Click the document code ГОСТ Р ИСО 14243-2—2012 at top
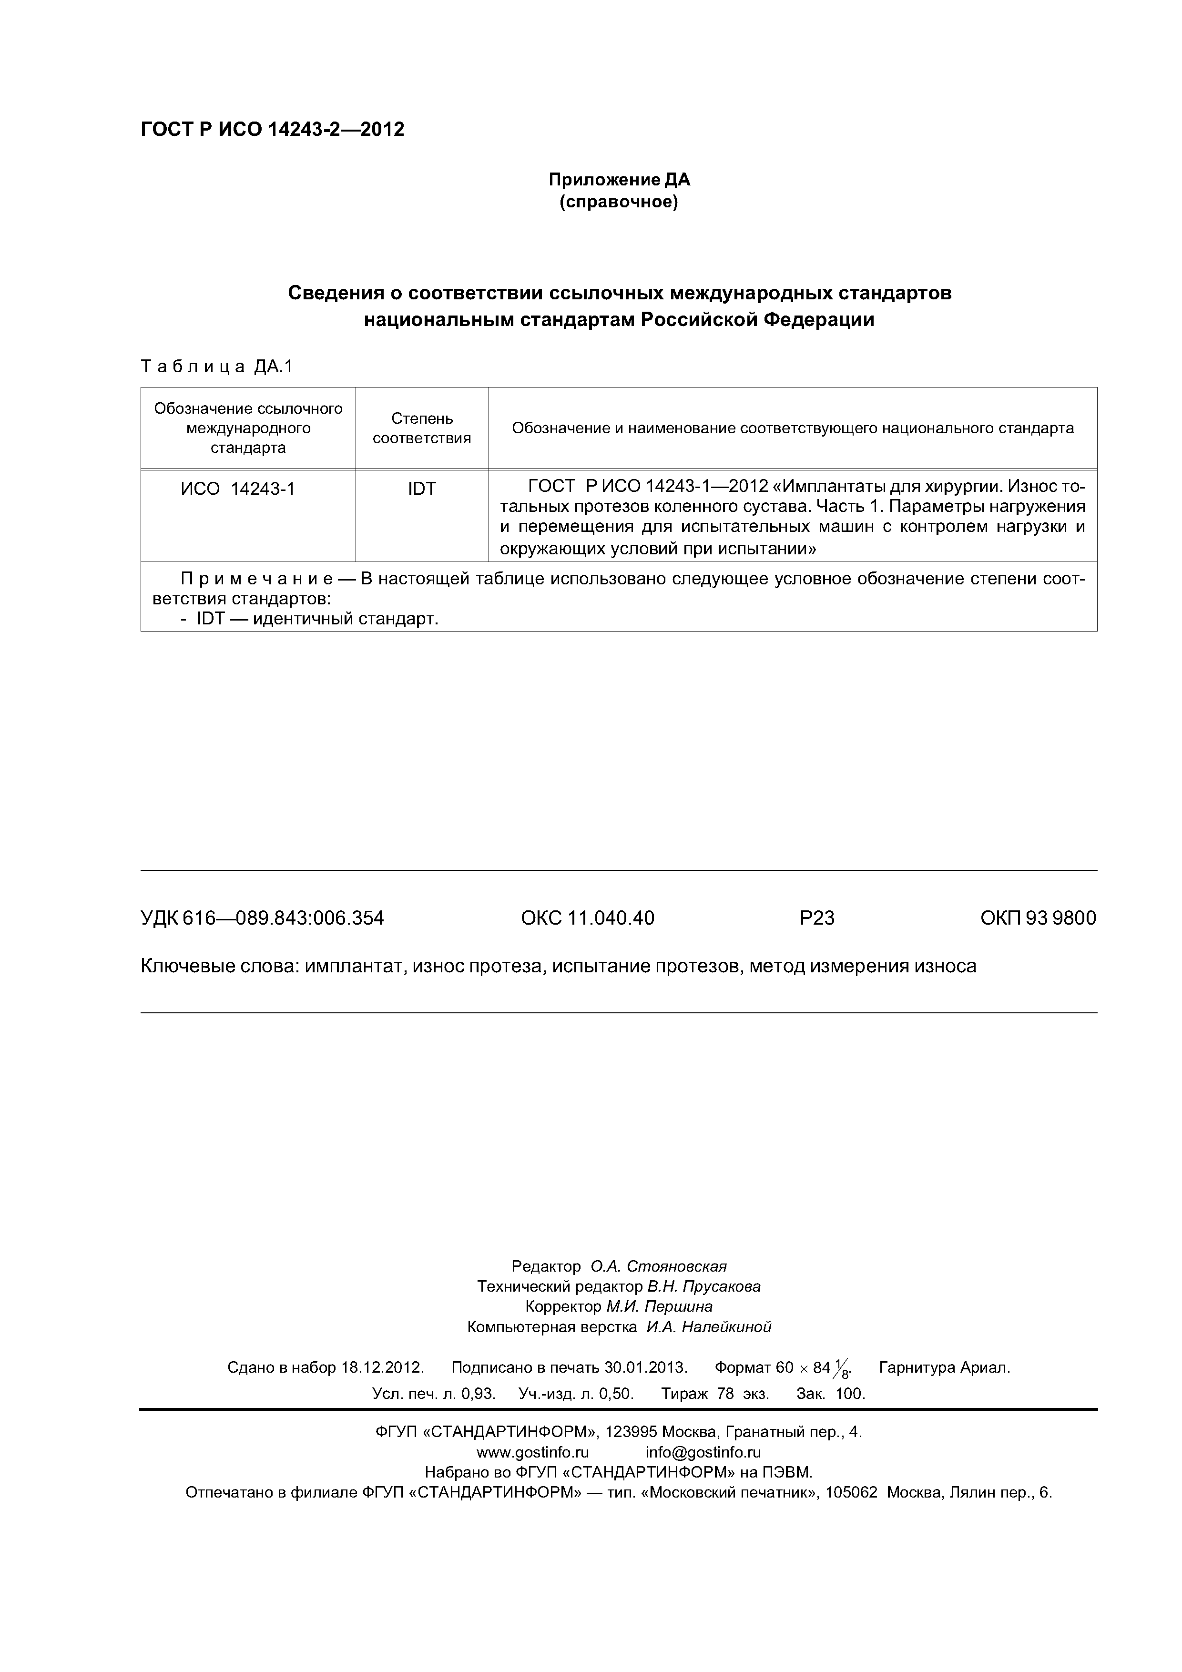(272, 130)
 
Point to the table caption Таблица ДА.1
(216, 367)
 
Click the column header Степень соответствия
(422, 428)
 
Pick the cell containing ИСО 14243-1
(238, 489)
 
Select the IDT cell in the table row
(422, 489)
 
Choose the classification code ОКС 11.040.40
(587, 918)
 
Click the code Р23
(816, 918)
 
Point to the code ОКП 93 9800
(1038, 918)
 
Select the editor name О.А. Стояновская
(658, 1265)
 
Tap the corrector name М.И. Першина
(659, 1306)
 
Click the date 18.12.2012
(382, 1367)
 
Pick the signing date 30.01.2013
(646, 1367)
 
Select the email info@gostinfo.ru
(703, 1452)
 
